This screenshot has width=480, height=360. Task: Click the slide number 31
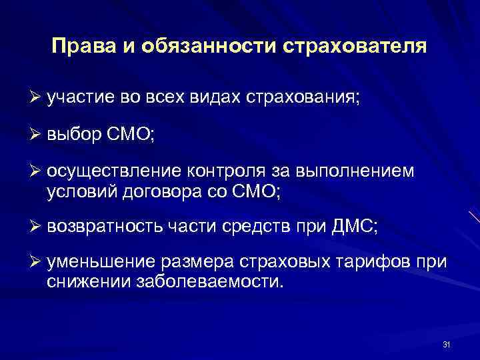tap(447, 344)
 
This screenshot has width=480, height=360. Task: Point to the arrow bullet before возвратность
tap(37, 227)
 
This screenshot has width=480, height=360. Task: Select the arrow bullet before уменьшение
tap(37, 263)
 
